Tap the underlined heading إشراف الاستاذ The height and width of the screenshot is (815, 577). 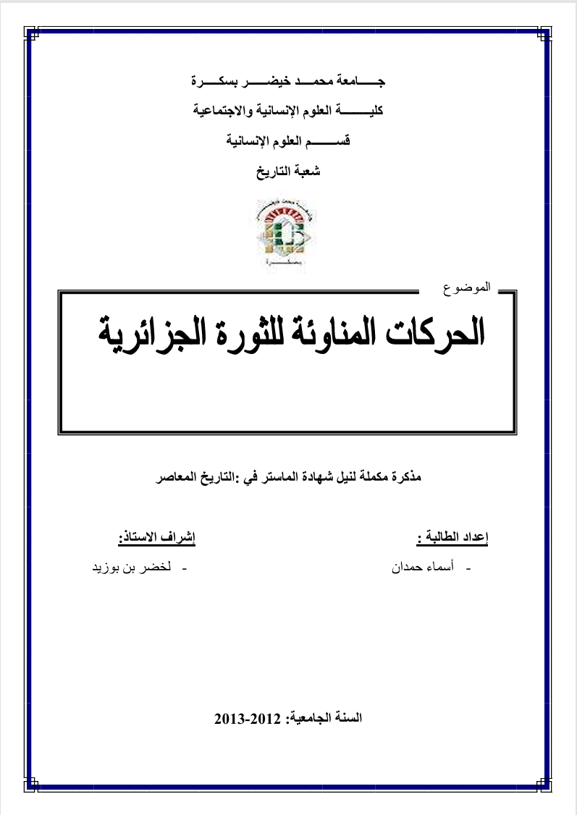[x=157, y=539]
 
